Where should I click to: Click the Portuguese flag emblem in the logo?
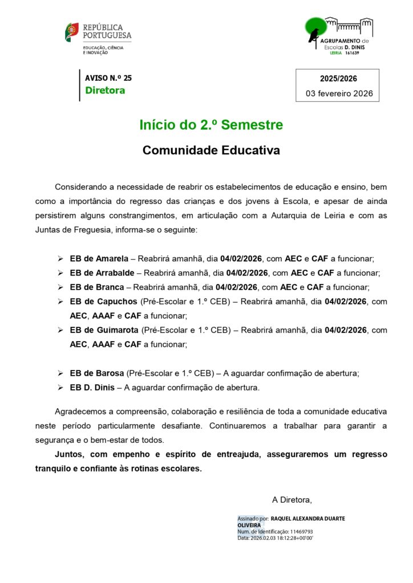click(x=72, y=32)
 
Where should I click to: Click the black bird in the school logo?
click(x=313, y=35)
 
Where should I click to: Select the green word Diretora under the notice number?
click(x=105, y=91)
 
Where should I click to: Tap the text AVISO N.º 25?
click(x=108, y=78)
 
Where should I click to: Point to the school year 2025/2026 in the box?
click(x=338, y=79)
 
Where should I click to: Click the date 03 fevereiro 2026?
click(x=339, y=93)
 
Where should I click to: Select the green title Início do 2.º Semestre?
click(x=211, y=125)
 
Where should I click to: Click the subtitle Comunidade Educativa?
click(x=211, y=150)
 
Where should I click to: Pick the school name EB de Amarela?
click(x=99, y=258)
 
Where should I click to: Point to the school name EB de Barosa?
click(x=96, y=373)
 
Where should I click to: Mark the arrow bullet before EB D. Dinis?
click(x=60, y=388)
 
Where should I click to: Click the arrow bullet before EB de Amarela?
click(x=60, y=258)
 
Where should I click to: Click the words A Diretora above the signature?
click(x=292, y=500)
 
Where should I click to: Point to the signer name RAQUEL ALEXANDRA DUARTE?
click(x=307, y=519)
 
